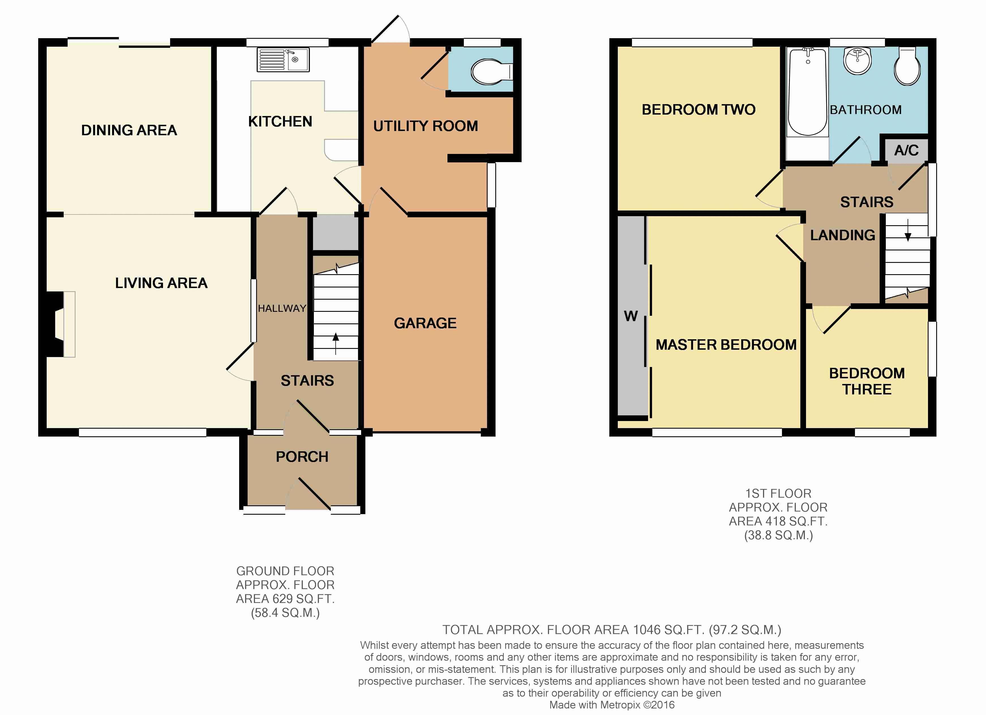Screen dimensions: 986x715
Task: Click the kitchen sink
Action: coord(283,59)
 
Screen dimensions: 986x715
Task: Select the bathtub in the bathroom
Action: coord(807,92)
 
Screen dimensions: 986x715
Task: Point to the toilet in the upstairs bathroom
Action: coord(907,66)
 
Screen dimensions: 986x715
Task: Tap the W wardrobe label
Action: coord(631,316)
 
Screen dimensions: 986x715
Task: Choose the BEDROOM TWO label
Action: coord(699,109)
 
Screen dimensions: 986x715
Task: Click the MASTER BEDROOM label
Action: coord(726,345)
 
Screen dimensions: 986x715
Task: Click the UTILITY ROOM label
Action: coord(426,126)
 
